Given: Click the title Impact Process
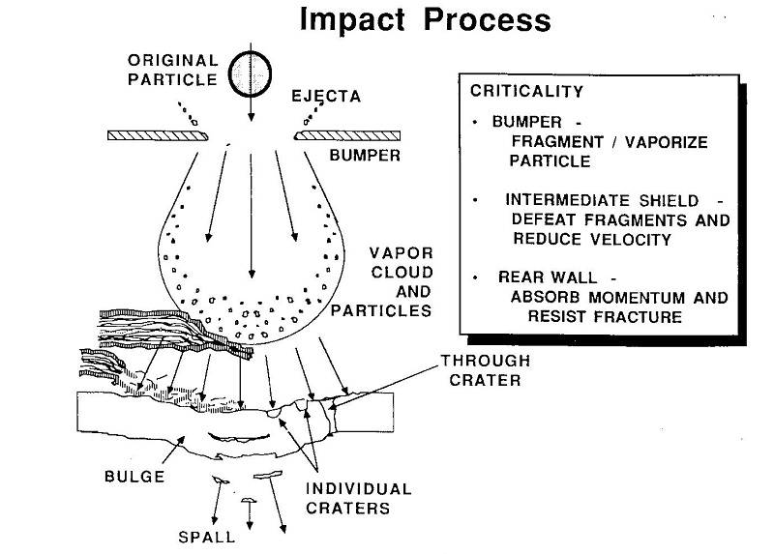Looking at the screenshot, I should (425, 20).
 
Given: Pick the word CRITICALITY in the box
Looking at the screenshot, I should (526, 92).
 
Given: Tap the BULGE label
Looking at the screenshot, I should (134, 477).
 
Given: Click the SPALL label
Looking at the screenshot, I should (207, 538).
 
